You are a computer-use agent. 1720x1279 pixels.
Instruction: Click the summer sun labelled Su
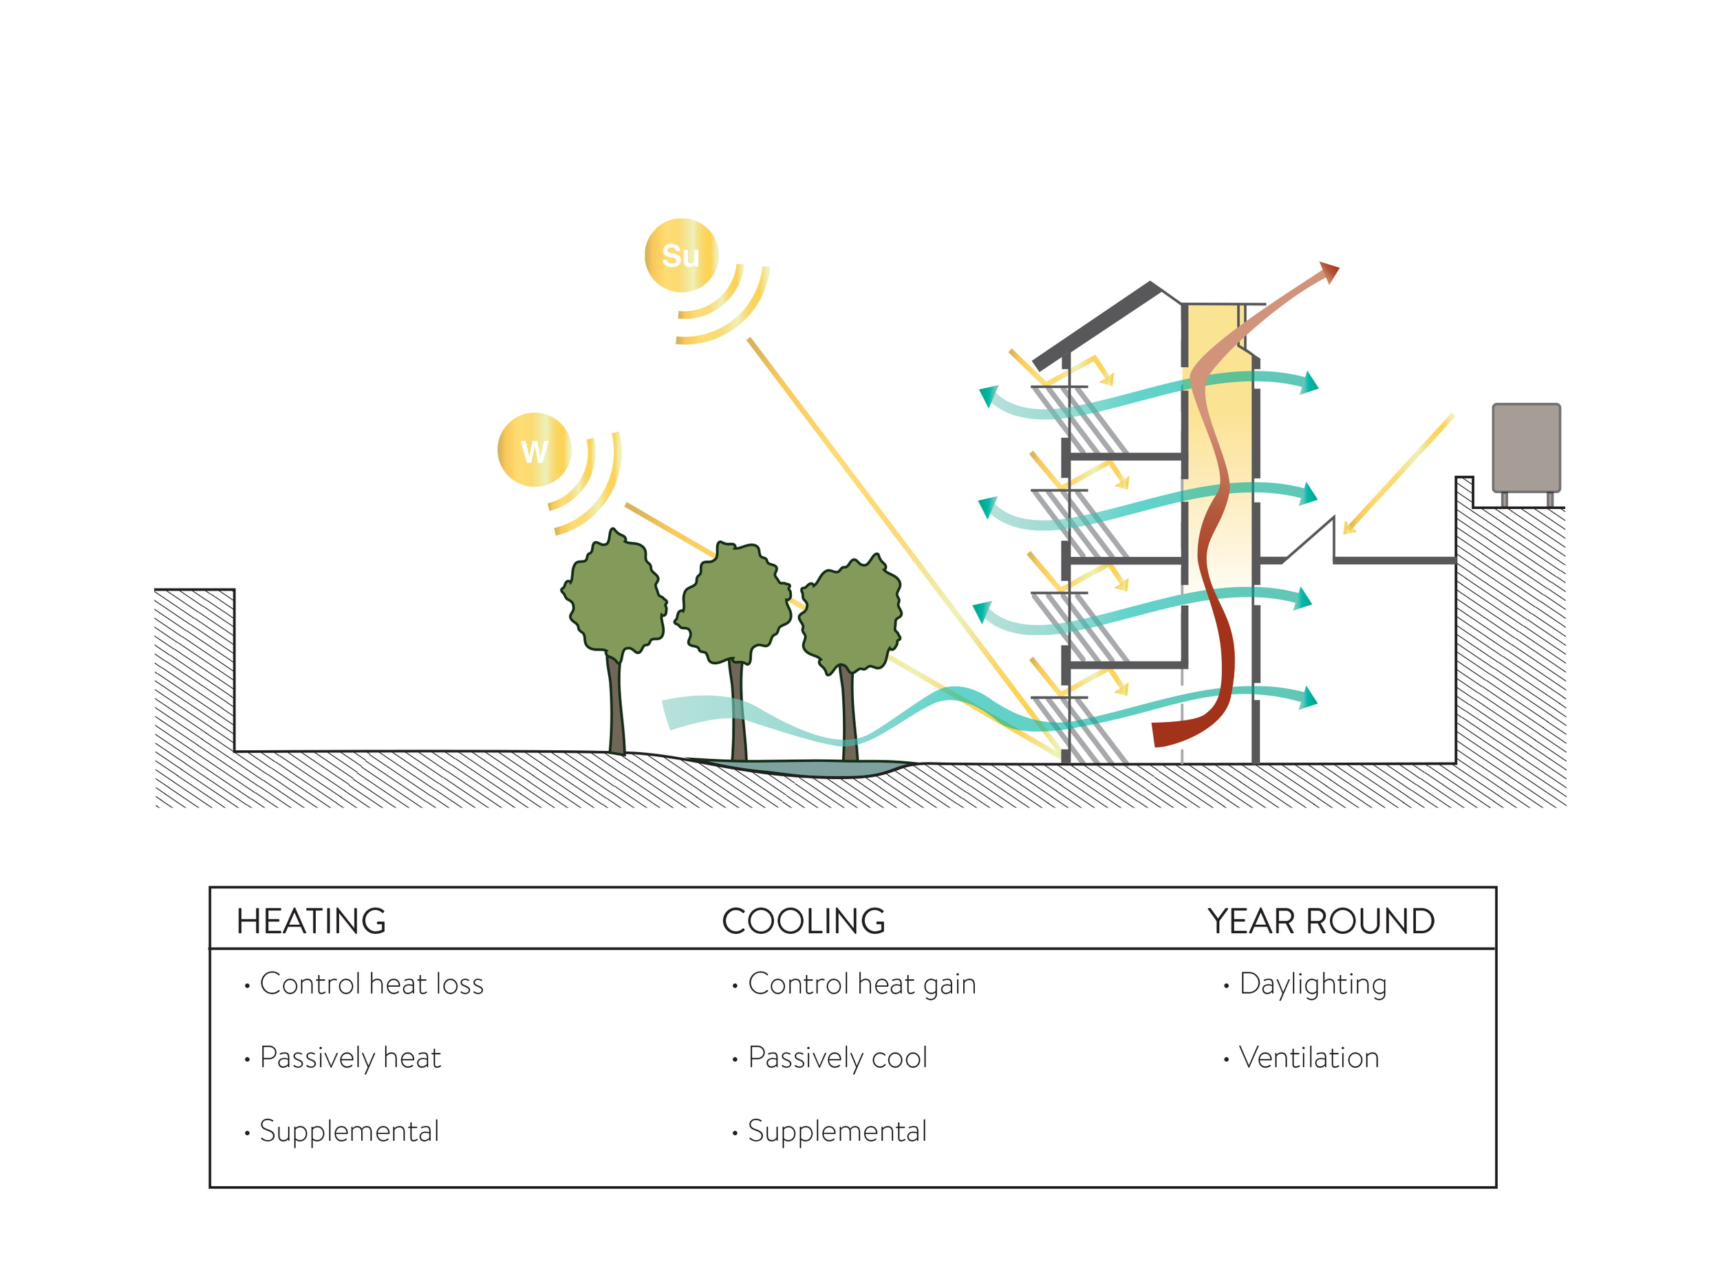tap(680, 256)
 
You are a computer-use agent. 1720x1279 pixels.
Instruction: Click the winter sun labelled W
tap(535, 450)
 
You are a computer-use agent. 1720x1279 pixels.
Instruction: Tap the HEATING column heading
tap(310, 921)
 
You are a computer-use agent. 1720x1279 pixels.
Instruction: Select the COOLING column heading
tap(803, 921)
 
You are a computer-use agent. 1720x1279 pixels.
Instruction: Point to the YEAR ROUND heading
tap(1320, 921)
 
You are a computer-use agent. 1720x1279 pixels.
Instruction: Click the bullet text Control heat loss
tap(371, 984)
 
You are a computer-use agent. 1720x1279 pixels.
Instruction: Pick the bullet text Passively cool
tap(837, 1058)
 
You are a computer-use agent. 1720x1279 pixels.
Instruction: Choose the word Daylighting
tap(1312, 984)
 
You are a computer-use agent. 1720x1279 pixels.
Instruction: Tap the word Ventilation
tap(1308, 1058)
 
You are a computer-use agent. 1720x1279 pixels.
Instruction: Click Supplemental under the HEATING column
tap(349, 1131)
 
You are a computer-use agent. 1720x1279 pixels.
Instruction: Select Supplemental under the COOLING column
tap(837, 1131)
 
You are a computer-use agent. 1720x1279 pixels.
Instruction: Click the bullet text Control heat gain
tap(861, 984)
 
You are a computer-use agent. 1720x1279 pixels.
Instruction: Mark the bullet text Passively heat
tap(350, 1058)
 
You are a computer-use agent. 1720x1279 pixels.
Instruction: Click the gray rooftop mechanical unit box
tap(1525, 447)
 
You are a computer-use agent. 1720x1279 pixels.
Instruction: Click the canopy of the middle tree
tap(735, 602)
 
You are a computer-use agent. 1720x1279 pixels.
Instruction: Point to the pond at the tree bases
tap(806, 768)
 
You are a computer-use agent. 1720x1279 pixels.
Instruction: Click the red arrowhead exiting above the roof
tap(1330, 272)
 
